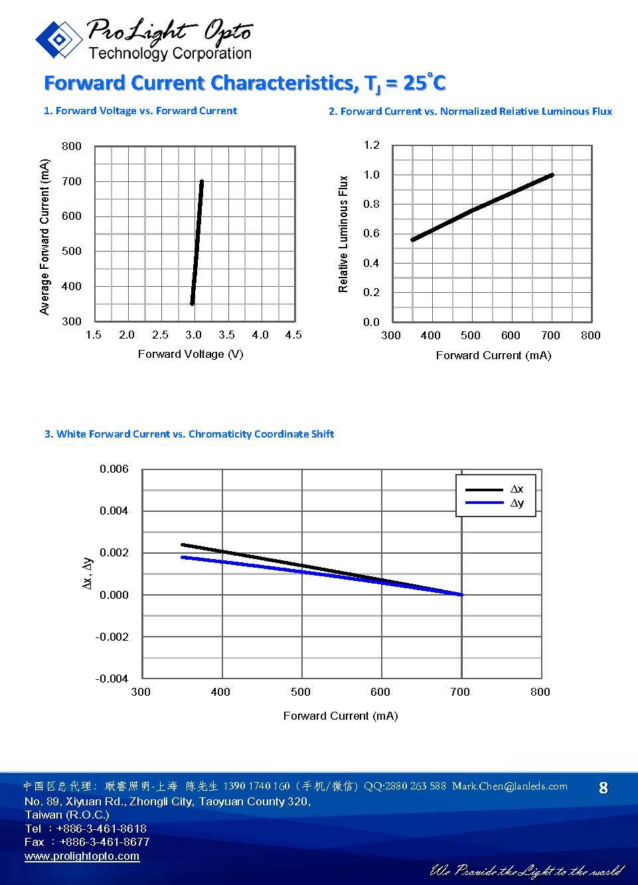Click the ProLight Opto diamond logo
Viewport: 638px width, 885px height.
tap(59, 40)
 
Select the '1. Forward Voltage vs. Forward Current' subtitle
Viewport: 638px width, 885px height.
tap(140, 111)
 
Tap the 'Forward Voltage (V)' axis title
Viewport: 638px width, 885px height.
tap(191, 354)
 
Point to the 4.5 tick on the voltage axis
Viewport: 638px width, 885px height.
tap(293, 335)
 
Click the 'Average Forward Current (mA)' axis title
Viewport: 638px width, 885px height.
tap(45, 237)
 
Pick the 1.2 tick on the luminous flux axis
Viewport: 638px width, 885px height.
tap(371, 145)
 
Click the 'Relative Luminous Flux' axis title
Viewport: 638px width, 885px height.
tap(343, 234)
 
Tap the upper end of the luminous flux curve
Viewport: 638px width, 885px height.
tap(551, 175)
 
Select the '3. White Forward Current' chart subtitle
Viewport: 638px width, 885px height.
tap(189, 434)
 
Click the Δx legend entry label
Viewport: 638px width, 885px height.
tap(517, 489)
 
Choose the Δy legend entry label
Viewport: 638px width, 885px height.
tap(517, 503)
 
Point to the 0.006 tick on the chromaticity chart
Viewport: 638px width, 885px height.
tap(114, 469)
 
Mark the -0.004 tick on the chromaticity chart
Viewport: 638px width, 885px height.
tap(112, 679)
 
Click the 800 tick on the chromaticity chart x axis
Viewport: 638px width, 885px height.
tap(540, 692)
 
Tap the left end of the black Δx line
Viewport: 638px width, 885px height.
tap(183, 544)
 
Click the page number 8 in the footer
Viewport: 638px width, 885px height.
tap(603, 788)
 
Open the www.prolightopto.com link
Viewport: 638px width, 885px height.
tap(82, 856)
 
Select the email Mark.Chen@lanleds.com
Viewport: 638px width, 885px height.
tap(509, 786)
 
